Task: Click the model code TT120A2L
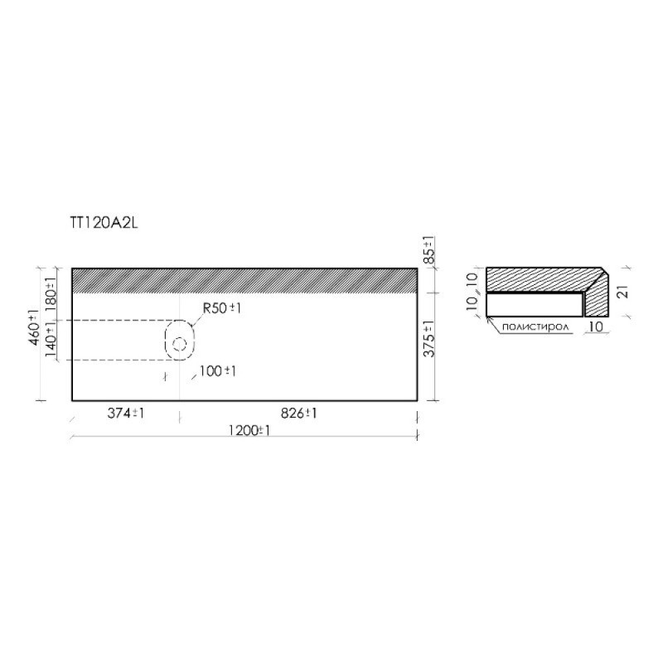click(x=104, y=223)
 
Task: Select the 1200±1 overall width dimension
click(x=249, y=430)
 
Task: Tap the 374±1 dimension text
click(x=126, y=413)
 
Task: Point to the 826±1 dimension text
click(x=299, y=413)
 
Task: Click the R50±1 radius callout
click(x=221, y=307)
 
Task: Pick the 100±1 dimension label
click(x=217, y=370)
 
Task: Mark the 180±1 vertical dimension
click(x=51, y=294)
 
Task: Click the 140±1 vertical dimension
click(x=51, y=340)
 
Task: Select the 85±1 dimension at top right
click(x=429, y=250)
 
